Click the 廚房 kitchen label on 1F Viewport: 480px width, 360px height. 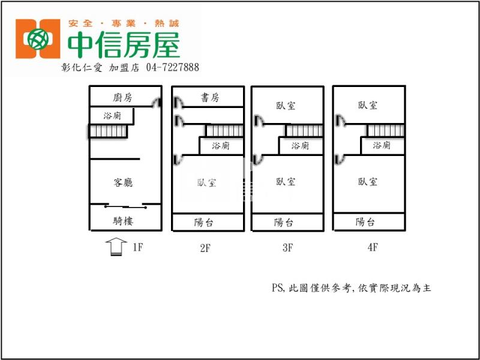coord(122,98)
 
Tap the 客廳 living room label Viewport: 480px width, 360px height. coord(123,182)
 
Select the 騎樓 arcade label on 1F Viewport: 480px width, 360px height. coord(123,221)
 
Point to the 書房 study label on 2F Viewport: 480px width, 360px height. coord(210,98)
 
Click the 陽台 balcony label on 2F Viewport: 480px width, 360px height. coord(204,223)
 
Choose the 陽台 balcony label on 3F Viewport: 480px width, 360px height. coord(284,223)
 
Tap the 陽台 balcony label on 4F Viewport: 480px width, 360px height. coord(365,222)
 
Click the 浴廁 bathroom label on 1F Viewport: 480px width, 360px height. coord(112,116)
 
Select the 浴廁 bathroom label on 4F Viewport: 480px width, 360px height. coord(382,145)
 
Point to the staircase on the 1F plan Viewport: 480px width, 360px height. coord(109,131)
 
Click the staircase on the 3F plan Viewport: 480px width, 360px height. coord(304,131)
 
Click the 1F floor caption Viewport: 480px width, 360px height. coord(137,247)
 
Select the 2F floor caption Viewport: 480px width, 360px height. coord(206,247)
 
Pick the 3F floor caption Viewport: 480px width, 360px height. coord(287,247)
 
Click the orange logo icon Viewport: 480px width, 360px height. coord(38,39)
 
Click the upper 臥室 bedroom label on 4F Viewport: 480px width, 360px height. coord(368,106)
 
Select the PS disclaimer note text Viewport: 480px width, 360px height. coord(352,288)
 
